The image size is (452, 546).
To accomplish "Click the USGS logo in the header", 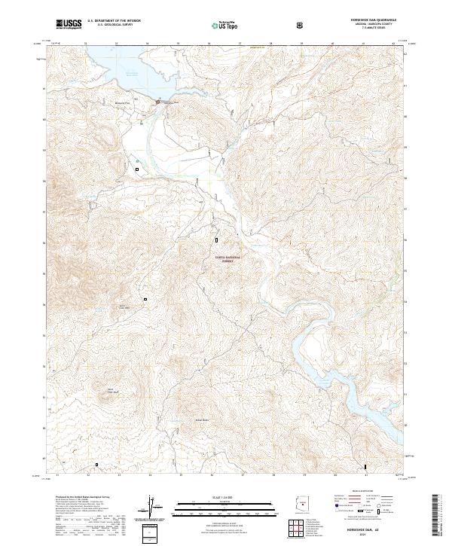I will coord(70,25).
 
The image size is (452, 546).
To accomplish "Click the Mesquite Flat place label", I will coord(133,100).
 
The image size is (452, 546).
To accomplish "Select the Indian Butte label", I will coord(180,419).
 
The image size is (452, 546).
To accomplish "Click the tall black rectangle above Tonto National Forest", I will coord(217,240).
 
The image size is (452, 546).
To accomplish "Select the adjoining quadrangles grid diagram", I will coord(301,528).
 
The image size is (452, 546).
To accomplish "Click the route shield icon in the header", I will coord(301,25).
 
